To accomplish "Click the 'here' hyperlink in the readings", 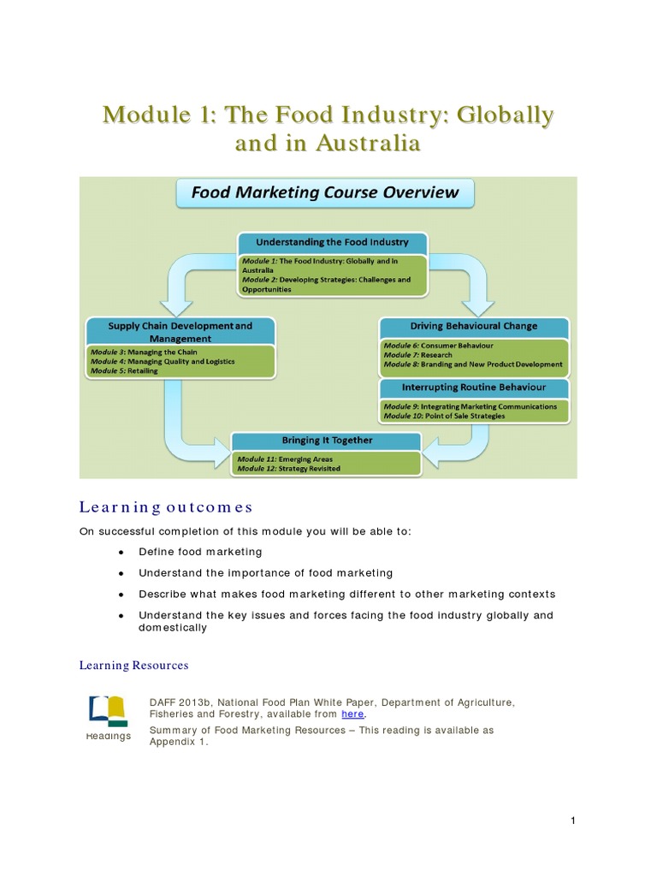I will click(x=352, y=714).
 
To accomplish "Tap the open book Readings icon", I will click(x=108, y=711).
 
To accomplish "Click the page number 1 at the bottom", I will click(x=573, y=821).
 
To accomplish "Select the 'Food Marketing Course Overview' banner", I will click(x=325, y=192).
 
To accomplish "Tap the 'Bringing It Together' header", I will click(x=328, y=441).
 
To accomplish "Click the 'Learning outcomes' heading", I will click(x=166, y=508).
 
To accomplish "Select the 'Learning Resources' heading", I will click(x=133, y=665).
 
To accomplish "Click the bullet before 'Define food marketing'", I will click(x=122, y=553).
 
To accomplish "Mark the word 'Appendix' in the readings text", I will click(x=176, y=743).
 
